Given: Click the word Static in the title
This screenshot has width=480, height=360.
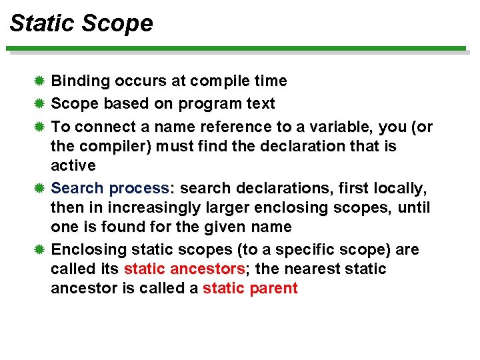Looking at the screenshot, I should [42, 23].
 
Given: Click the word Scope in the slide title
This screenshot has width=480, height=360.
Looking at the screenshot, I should [117, 23].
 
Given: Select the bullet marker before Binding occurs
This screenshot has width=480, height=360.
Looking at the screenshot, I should [39, 81].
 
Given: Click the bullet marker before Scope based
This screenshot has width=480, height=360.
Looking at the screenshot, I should [39, 104].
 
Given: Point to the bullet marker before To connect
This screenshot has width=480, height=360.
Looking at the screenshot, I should [39, 127].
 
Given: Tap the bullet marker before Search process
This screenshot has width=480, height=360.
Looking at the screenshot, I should [39, 189].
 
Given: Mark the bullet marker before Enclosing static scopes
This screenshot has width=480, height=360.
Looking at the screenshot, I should [39, 250].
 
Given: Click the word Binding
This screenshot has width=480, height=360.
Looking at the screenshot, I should [81, 81].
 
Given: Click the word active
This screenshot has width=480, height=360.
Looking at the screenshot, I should [73, 165].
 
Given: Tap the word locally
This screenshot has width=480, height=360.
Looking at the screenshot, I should [403, 189].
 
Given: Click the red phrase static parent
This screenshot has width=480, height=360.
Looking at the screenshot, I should [250, 289].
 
